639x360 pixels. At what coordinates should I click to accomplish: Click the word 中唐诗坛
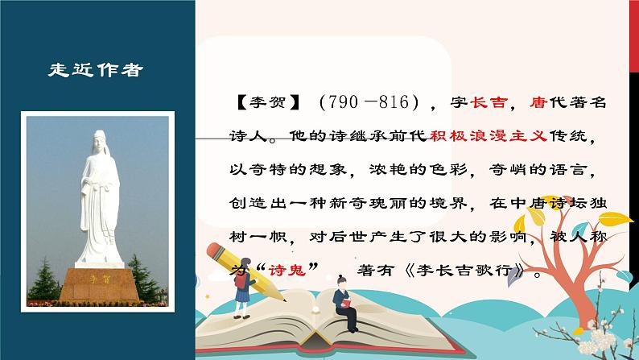click(x=555, y=206)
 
